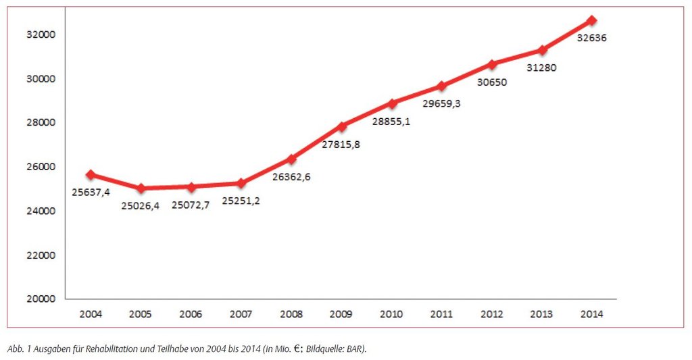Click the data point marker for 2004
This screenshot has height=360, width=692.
[x=91, y=174]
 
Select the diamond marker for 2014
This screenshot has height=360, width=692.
[x=592, y=20]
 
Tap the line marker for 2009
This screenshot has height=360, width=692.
[x=342, y=126]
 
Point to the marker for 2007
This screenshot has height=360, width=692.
[x=241, y=183]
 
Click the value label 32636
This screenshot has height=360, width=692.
[x=591, y=38]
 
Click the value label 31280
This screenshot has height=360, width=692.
[x=542, y=68]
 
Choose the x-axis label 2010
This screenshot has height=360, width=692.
[x=391, y=314]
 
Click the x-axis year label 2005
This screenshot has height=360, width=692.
[x=141, y=314]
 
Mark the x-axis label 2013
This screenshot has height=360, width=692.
[x=542, y=314]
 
